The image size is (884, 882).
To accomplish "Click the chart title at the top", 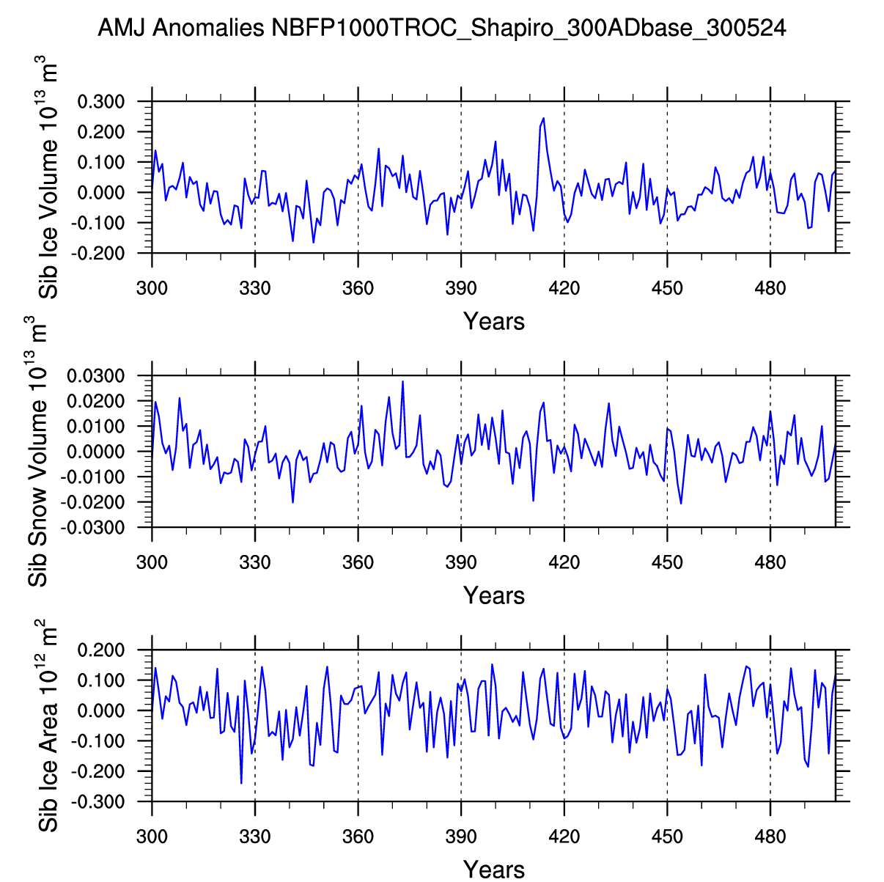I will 441,29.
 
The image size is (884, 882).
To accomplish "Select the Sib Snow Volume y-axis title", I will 38,452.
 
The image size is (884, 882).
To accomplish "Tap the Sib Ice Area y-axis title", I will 48,726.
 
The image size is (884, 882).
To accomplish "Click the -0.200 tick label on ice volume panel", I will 102,253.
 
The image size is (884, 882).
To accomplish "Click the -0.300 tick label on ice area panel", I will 102,802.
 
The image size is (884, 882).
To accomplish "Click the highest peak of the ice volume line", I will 543,118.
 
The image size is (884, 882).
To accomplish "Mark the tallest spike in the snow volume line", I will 402,381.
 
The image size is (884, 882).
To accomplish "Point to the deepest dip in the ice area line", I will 241,783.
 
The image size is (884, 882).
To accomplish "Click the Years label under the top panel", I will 493,321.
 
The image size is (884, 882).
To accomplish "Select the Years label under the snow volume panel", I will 493,595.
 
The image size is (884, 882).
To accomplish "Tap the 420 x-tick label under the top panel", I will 564,288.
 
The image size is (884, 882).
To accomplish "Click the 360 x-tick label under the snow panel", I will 358,562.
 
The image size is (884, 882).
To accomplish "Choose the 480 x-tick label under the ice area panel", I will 770,837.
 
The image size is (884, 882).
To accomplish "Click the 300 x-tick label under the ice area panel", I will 152,837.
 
